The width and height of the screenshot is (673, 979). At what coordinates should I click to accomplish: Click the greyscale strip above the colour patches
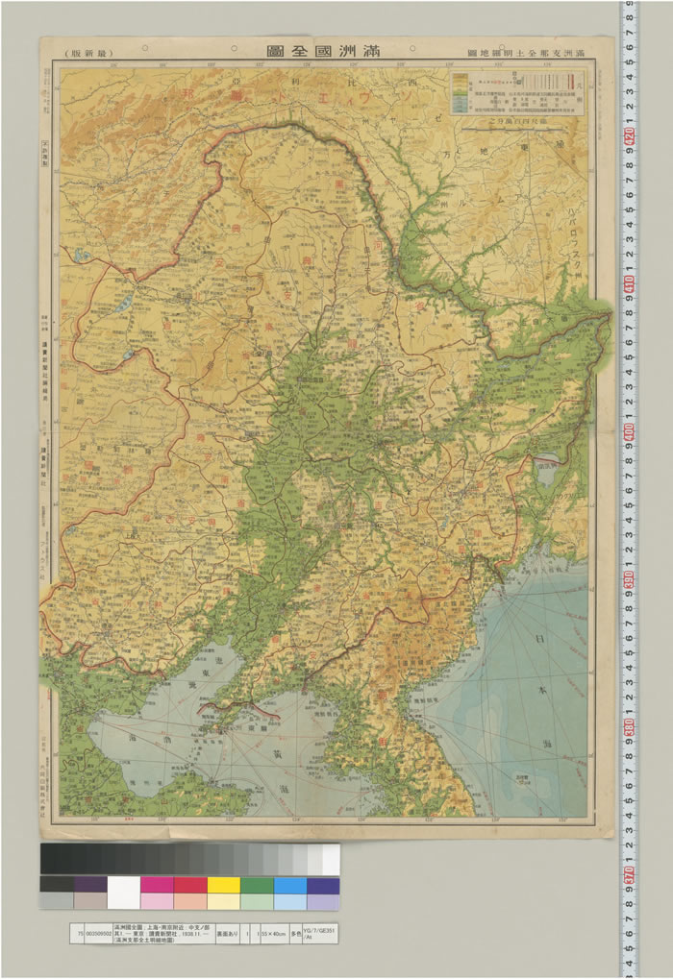coord(189,859)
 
